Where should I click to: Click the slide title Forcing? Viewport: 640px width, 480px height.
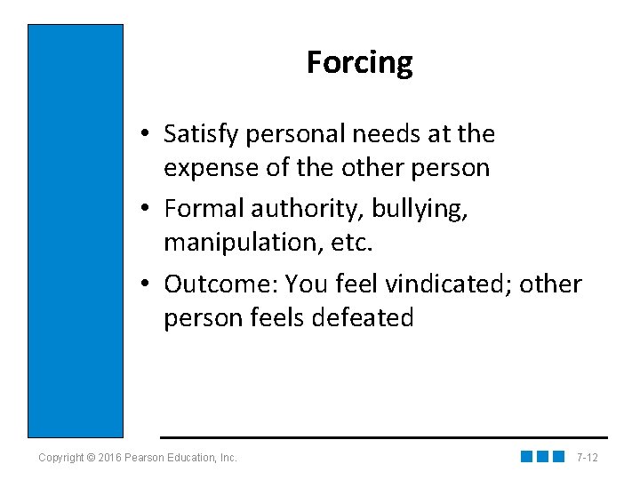tap(359, 63)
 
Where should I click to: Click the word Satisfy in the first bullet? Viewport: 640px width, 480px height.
tap(203, 135)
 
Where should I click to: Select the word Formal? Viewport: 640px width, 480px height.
tap(204, 209)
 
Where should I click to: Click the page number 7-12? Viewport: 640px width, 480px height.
tap(587, 458)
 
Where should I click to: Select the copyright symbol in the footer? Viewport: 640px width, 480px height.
tap(92, 458)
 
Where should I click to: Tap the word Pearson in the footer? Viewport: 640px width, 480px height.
tap(147, 458)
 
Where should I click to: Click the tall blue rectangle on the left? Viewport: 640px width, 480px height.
tap(76, 230)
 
